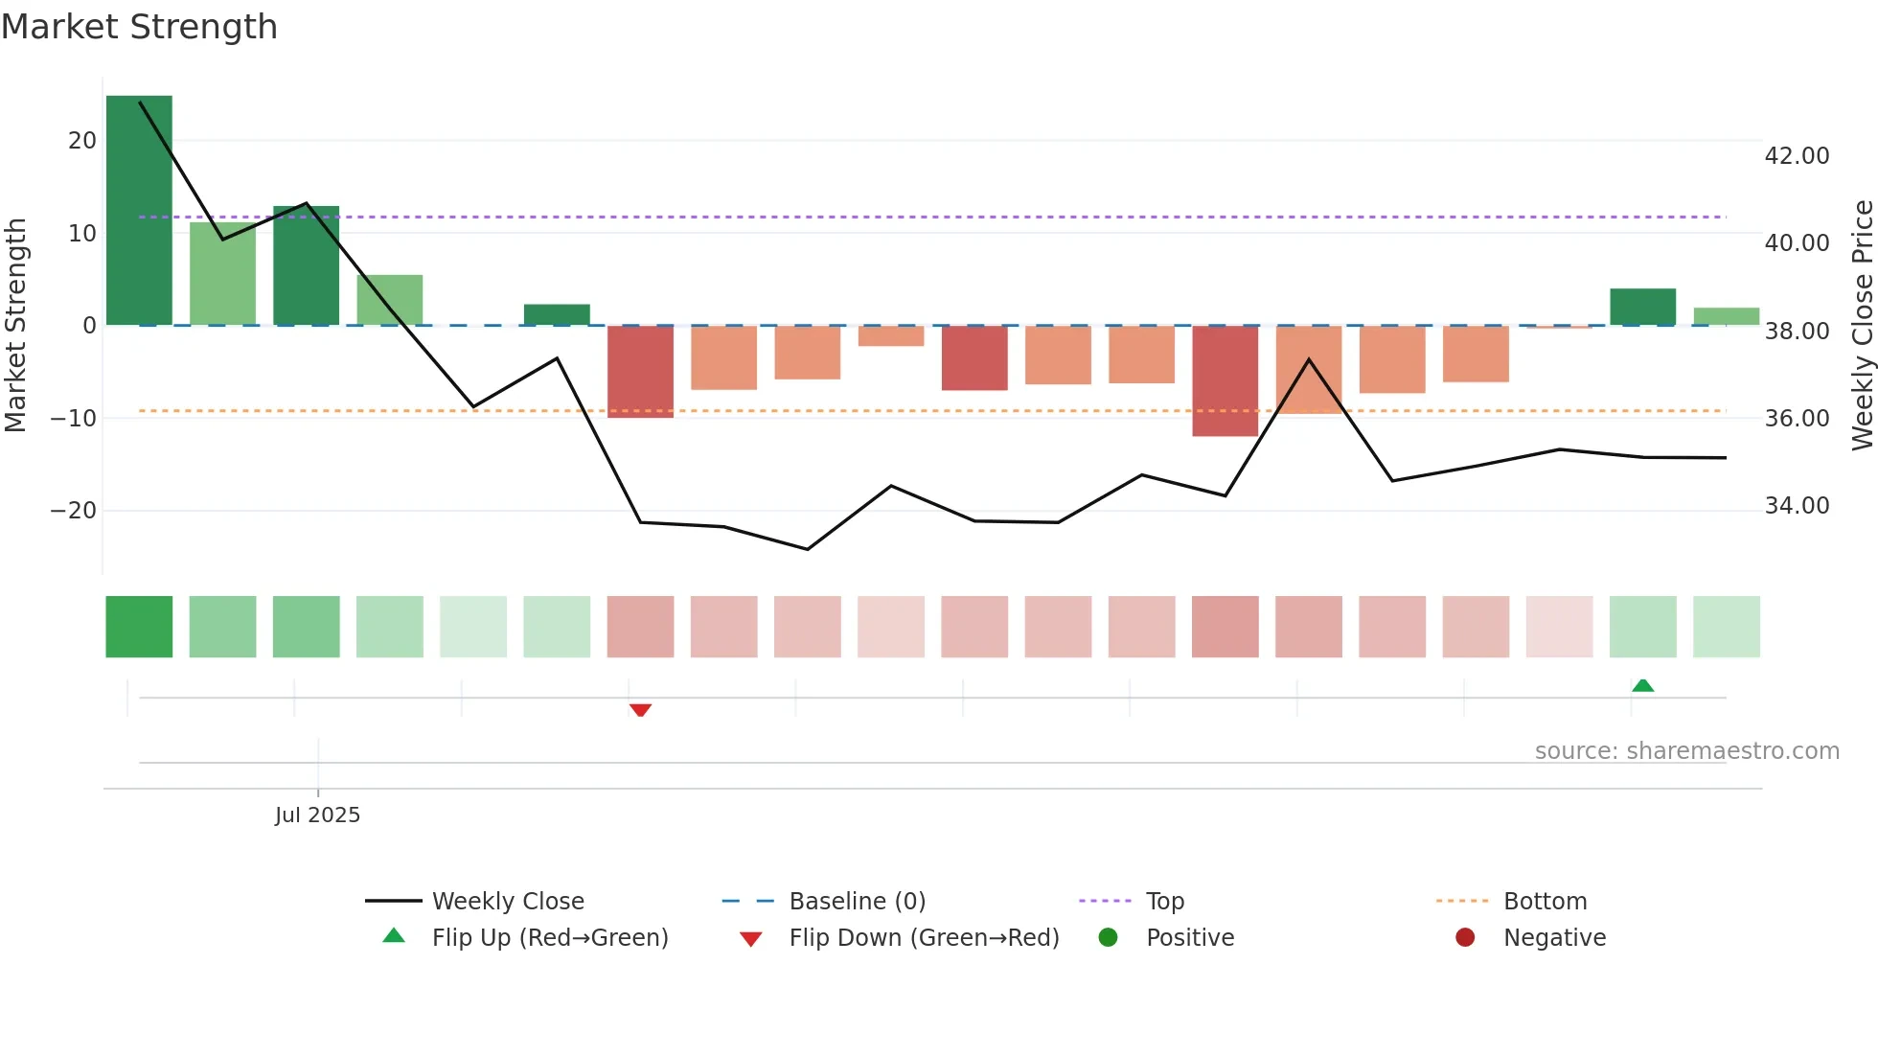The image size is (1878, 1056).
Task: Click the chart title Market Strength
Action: click(139, 27)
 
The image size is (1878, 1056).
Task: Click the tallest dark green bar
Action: click(139, 210)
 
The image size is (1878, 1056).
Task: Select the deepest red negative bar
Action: click(1225, 380)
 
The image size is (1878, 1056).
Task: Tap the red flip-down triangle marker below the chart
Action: click(640, 710)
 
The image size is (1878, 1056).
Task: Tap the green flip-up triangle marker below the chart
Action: click(1642, 685)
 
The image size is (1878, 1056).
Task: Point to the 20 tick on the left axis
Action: click(82, 141)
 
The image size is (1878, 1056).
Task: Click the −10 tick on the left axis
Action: click(74, 419)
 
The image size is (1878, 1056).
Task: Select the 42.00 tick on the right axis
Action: click(1797, 156)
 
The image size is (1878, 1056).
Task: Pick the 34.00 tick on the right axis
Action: click(1797, 506)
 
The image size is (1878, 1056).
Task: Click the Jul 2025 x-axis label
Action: click(317, 815)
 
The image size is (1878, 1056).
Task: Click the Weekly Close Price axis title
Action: click(1862, 325)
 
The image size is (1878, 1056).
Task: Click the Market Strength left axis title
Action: click(15, 325)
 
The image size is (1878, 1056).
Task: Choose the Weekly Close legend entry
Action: click(507, 902)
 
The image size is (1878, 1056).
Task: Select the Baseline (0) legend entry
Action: click(857, 902)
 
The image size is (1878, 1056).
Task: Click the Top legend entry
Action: click(1164, 902)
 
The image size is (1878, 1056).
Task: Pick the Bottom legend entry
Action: click(1545, 902)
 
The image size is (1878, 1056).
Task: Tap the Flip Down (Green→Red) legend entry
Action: click(924, 938)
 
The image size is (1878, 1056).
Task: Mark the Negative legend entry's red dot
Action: click(1464, 938)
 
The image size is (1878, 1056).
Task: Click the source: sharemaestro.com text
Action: click(1686, 751)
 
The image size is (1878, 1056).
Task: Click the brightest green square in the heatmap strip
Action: click(139, 627)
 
